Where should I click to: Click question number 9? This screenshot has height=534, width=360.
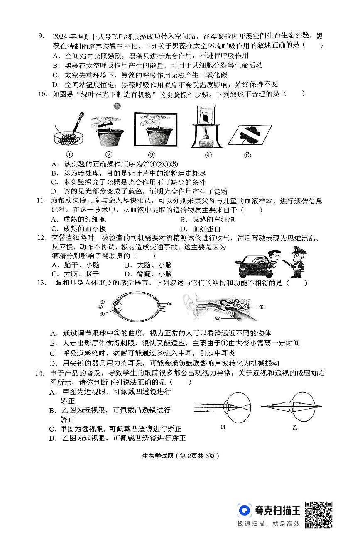(x=41, y=36)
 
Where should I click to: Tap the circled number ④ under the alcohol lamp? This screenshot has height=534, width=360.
(x=208, y=155)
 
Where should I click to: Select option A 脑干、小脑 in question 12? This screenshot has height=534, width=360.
(x=76, y=265)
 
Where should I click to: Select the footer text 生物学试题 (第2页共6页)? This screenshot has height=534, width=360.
(x=180, y=456)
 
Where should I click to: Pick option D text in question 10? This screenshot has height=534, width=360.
(x=139, y=191)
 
